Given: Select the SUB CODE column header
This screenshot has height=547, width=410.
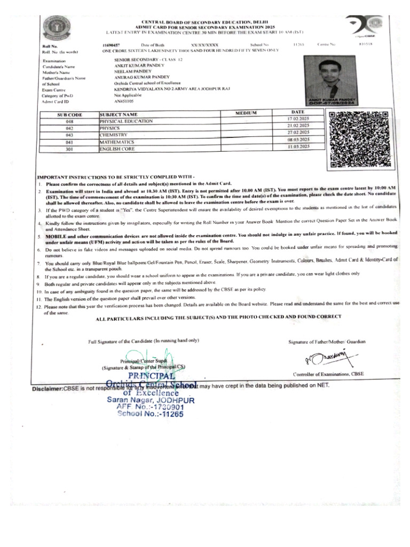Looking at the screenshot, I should pos(70,115).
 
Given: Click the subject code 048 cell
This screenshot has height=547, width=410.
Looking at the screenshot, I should pos(69,122).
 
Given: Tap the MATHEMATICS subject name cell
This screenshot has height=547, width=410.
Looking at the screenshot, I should pos(116,143).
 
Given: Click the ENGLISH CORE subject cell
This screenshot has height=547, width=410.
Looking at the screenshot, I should pos(116,150).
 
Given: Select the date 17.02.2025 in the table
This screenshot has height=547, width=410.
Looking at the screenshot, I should pos(298,118).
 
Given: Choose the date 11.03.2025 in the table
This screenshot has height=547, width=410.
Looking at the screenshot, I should pos(298,146).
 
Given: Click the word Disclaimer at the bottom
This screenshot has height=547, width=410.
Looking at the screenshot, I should pos(48,388).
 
